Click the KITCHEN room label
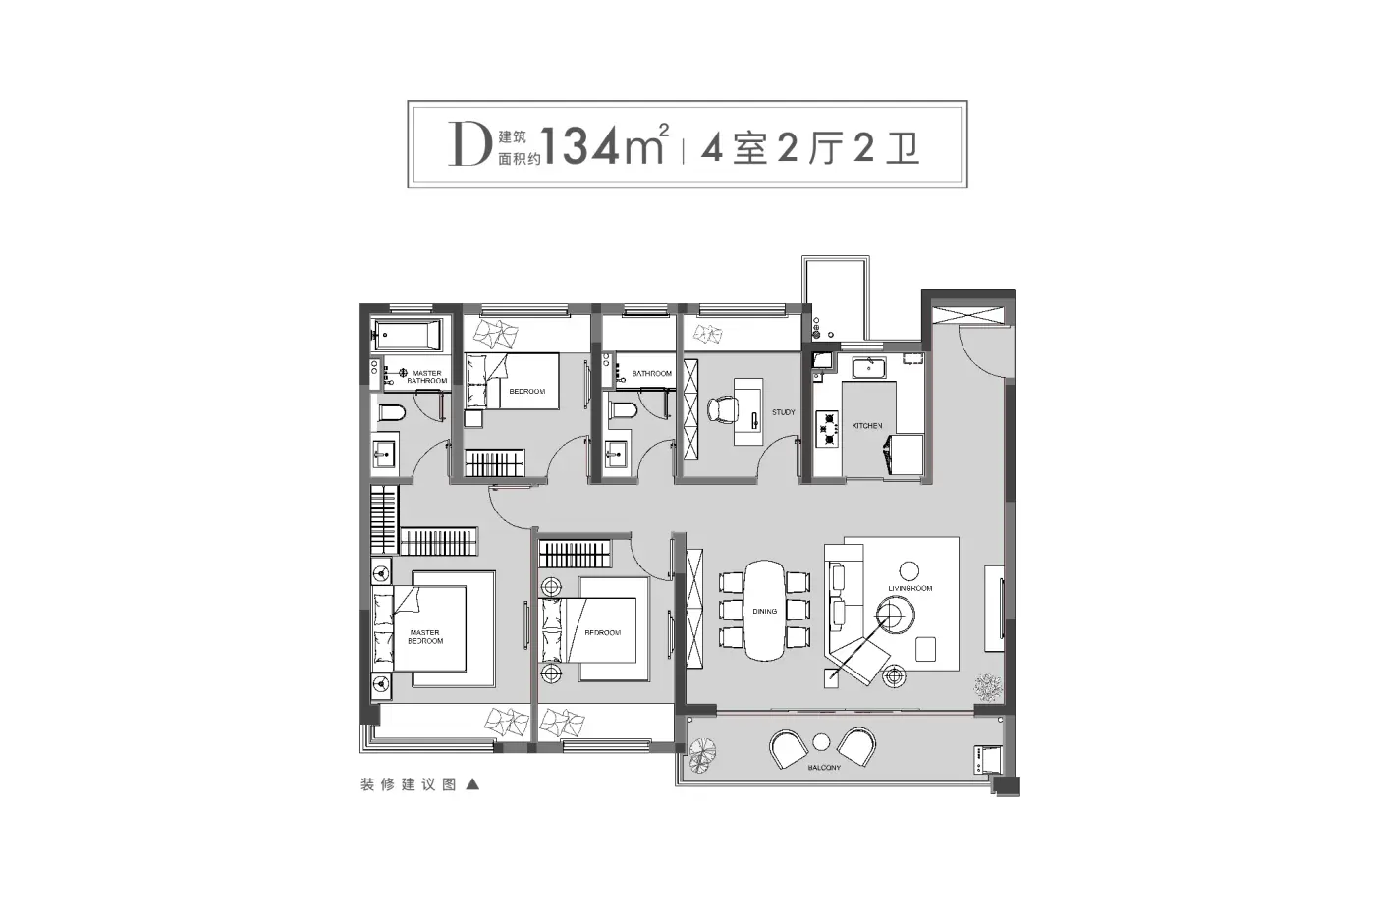tap(866, 426)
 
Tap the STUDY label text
tap(784, 412)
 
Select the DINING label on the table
tap(765, 612)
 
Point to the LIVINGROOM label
tap(909, 588)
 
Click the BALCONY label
tap(824, 768)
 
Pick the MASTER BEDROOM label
tap(425, 637)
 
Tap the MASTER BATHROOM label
tap(426, 377)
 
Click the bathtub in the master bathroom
tap(407, 336)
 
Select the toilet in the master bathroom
tap(391, 412)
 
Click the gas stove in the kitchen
tap(827, 429)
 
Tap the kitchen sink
tap(868, 368)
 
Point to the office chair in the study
tap(722, 410)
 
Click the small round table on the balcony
tap(821, 742)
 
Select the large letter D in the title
tap(470, 144)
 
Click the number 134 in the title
tap(580, 146)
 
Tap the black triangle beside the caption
tap(472, 784)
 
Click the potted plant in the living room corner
tap(988, 687)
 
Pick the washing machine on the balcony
tap(988, 760)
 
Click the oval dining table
tap(765, 611)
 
